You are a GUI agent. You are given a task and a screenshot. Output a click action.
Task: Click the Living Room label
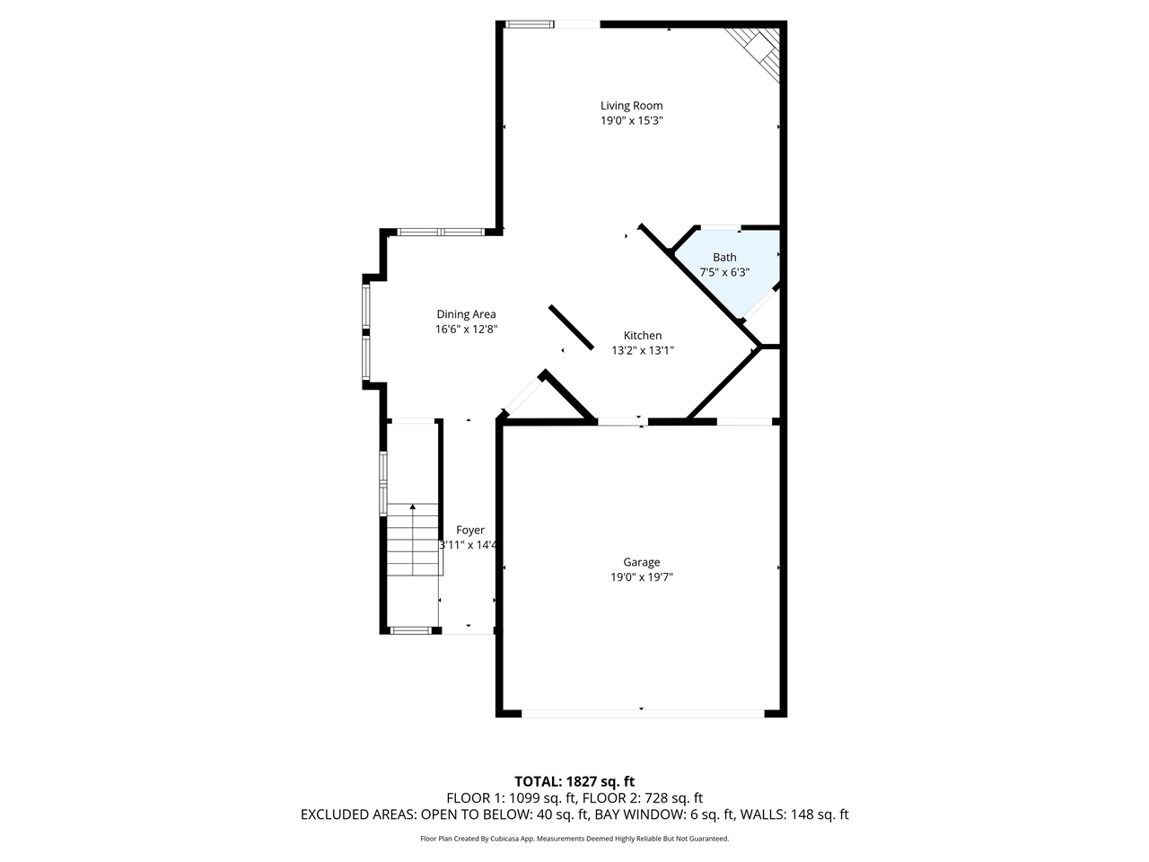coord(631,106)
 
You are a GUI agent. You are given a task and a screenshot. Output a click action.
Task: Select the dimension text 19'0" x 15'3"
coord(631,120)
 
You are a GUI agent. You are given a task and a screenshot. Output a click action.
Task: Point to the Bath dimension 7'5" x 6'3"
coord(724,272)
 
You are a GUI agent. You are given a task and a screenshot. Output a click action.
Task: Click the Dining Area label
coord(466,314)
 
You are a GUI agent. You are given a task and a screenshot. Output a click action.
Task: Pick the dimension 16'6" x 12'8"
coord(466,330)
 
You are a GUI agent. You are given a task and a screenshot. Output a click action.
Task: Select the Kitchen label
coord(643,336)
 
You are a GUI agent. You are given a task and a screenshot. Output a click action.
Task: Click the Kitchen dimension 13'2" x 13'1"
coord(643,351)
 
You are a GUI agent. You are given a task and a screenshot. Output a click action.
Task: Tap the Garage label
coord(642,562)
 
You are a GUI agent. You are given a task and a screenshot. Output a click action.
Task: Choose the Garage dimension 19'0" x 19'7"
coord(642,577)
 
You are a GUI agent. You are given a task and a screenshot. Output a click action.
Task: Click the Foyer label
coord(469,531)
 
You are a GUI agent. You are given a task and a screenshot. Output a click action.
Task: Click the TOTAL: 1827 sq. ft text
coord(574,781)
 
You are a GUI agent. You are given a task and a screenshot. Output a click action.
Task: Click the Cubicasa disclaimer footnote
coord(574,839)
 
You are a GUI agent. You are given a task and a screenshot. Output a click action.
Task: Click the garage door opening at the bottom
coord(642,714)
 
